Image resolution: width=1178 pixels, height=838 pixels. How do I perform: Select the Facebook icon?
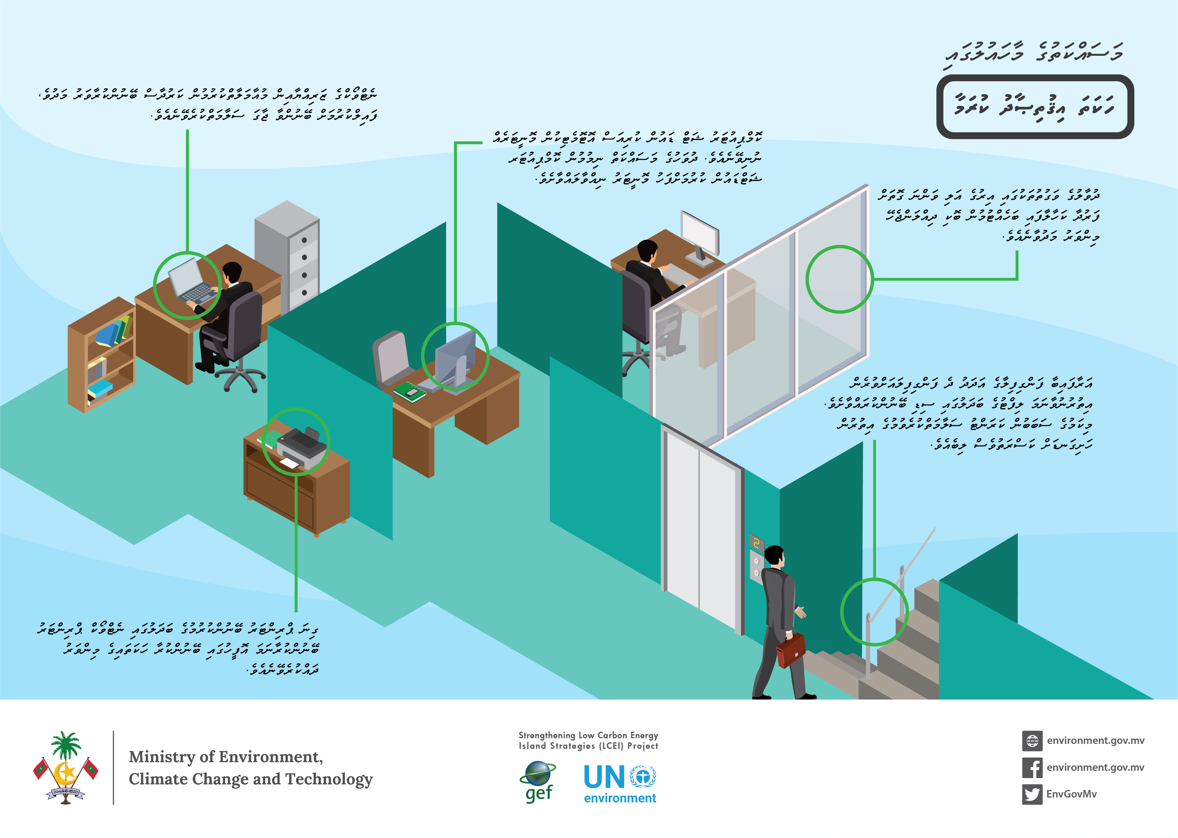[1032, 767]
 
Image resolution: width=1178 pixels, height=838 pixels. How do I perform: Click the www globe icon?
[1032, 740]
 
